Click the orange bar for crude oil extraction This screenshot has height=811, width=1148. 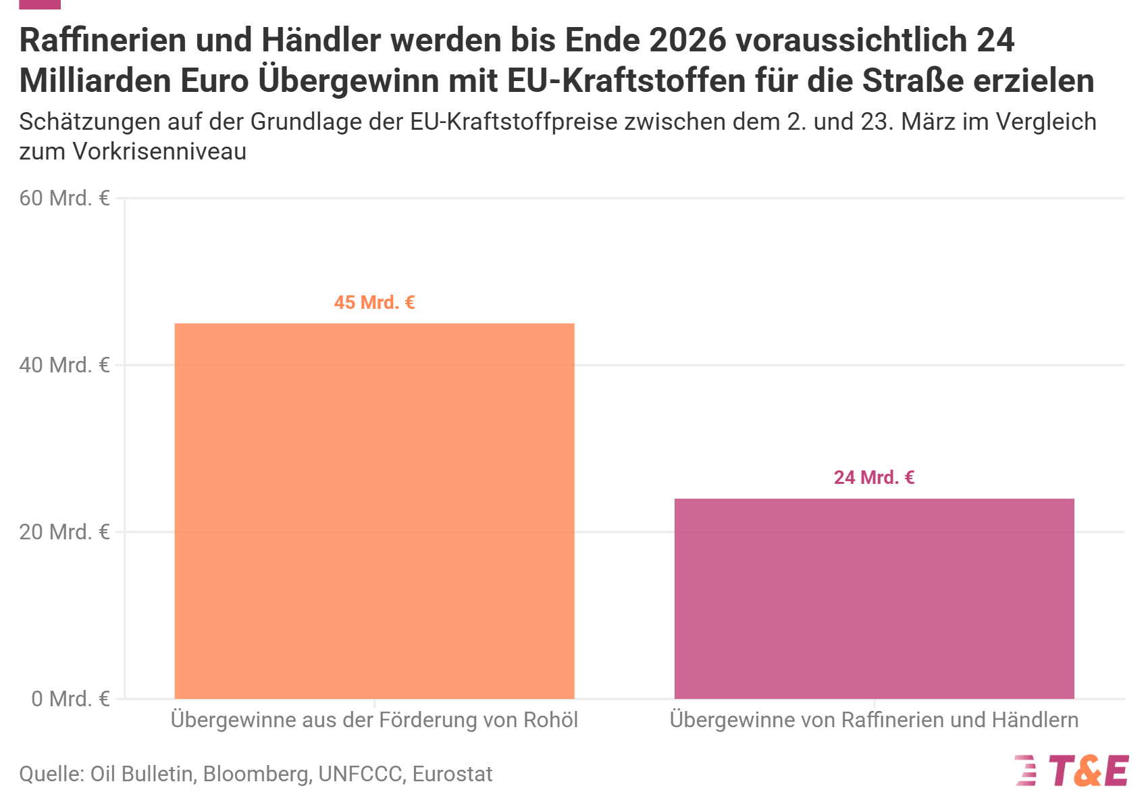(374, 511)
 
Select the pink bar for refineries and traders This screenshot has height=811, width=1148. (874, 599)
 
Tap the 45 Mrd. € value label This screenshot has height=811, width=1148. (374, 303)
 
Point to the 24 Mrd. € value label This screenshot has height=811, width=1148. (874, 478)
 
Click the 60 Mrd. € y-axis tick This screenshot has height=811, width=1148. (65, 199)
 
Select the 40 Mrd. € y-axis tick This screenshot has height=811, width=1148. (65, 365)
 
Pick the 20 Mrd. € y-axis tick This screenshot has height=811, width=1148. (65, 532)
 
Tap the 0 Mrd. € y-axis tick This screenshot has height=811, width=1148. (71, 699)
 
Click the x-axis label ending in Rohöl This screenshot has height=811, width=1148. (374, 720)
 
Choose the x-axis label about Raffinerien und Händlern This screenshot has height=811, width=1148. (874, 720)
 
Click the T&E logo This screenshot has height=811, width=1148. (1072, 770)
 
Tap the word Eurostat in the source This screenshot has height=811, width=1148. (452, 774)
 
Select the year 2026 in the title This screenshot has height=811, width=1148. (687, 40)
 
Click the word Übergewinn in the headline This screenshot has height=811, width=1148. (348, 80)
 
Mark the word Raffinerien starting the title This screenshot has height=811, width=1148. (103, 40)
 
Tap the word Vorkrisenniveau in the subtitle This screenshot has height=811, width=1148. (159, 151)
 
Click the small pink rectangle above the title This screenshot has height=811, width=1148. (40, 4)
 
